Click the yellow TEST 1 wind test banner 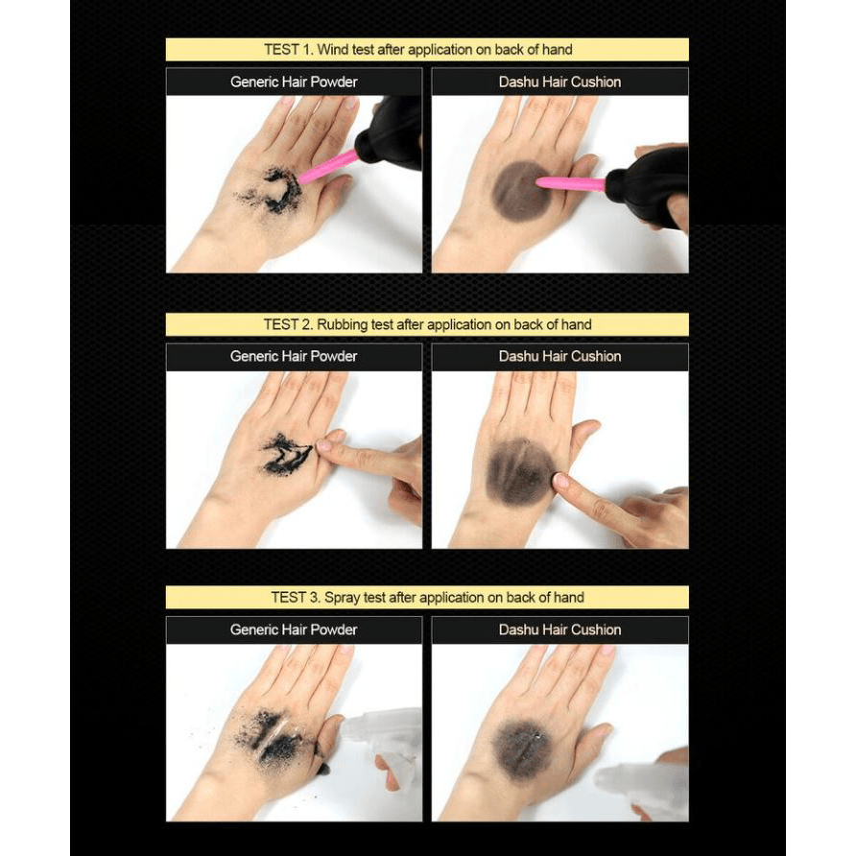(427, 50)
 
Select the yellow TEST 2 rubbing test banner (427, 324)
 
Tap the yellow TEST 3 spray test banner (427, 597)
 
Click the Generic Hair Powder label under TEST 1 (294, 82)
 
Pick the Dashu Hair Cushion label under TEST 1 (560, 82)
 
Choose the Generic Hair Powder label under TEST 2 (294, 356)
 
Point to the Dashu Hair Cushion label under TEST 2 (560, 356)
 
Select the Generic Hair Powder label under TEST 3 (294, 630)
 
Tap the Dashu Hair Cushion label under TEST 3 (560, 630)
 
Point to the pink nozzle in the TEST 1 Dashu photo (571, 184)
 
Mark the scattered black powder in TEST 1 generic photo (272, 191)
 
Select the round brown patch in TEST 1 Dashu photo (521, 191)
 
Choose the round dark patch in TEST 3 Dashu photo (522, 749)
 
